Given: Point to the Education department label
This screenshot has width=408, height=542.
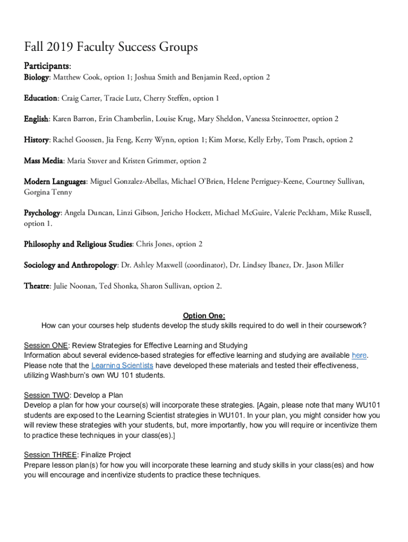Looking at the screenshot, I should (x=40, y=98).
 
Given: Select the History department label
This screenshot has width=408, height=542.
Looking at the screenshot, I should (x=36, y=140).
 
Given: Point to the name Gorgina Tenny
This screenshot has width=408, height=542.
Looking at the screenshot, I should (x=48, y=192).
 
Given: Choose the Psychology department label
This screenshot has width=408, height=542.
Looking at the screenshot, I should (x=42, y=213).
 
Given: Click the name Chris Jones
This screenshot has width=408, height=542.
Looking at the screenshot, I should (x=154, y=245).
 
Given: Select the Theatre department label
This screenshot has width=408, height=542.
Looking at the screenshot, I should (x=37, y=286).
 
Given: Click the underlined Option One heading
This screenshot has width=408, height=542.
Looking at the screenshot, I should (x=204, y=316).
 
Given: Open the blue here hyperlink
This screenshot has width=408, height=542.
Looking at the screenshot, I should (x=359, y=355).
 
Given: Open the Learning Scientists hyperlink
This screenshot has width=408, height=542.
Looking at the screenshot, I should (x=122, y=366).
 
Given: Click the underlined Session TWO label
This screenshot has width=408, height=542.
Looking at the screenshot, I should (x=47, y=395).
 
